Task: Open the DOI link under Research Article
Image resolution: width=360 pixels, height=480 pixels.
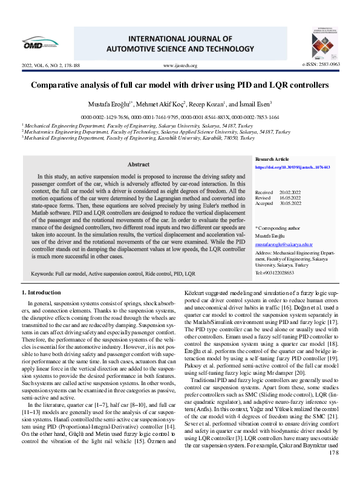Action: coord(292,167)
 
